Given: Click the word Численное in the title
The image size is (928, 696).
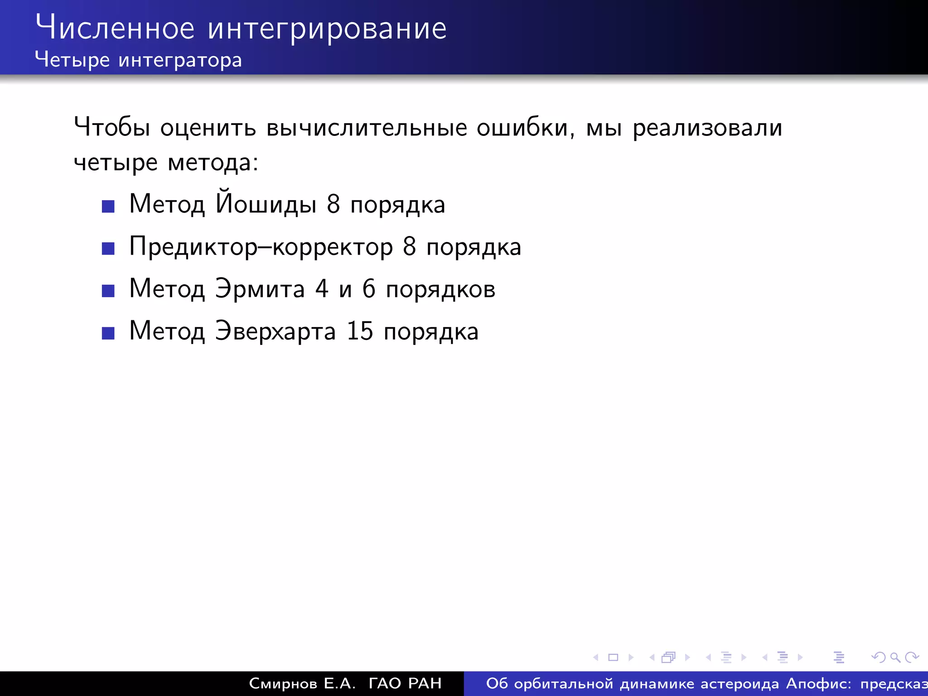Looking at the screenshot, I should [x=115, y=28].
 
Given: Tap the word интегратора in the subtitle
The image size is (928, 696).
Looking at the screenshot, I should [x=180, y=60].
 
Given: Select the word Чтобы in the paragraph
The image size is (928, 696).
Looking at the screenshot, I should [x=111, y=127].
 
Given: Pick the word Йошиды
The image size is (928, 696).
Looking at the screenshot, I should [x=266, y=204].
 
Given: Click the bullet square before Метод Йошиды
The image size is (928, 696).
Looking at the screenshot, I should [x=108, y=207].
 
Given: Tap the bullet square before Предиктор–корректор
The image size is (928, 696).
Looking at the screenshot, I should [x=108, y=249].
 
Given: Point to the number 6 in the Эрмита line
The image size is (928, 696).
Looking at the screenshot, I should [x=369, y=289].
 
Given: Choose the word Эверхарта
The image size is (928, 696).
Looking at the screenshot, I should [x=275, y=331].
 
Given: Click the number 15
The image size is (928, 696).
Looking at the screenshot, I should [x=360, y=331].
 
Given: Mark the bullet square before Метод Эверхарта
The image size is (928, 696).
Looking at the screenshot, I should [x=108, y=333].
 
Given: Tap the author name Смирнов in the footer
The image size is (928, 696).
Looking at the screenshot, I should [x=283, y=683].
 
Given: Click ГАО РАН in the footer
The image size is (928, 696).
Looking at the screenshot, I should [x=405, y=683].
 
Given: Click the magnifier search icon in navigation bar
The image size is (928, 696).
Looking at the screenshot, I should [x=895, y=657].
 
